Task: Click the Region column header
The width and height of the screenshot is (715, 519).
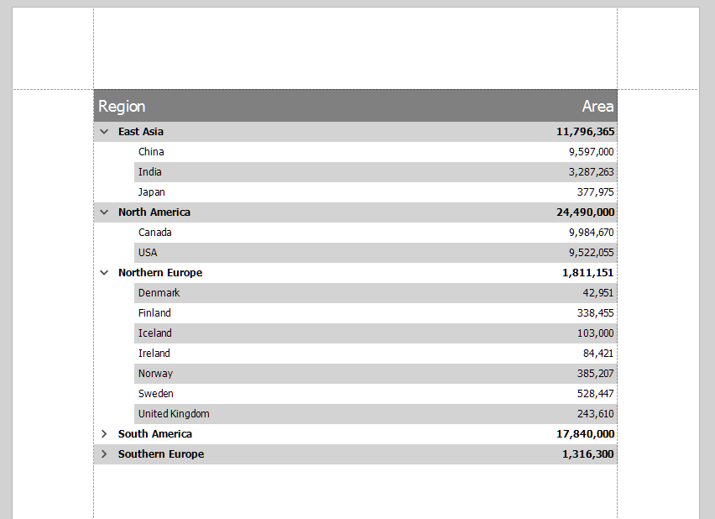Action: tap(122, 106)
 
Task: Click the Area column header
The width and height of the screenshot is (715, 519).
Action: tap(598, 106)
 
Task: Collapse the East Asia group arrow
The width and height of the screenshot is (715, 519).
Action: tap(104, 132)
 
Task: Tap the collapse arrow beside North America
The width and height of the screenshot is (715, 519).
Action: tap(104, 212)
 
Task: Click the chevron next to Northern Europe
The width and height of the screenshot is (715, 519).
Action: tap(104, 273)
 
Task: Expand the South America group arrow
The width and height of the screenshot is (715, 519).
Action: tap(104, 434)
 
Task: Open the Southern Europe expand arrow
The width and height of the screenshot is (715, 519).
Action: tap(104, 454)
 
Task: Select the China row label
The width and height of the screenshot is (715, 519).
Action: tap(151, 152)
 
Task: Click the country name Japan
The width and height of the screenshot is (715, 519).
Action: tap(152, 192)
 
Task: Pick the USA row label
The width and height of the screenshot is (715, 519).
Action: tap(148, 253)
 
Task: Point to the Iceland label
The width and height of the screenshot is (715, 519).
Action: tap(154, 333)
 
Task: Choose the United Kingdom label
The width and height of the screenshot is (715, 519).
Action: tap(174, 414)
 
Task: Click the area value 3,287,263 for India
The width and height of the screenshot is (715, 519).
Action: tap(591, 172)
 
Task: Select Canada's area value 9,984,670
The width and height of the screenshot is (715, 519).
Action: tap(591, 233)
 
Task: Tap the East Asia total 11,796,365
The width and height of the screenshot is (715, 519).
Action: tap(585, 132)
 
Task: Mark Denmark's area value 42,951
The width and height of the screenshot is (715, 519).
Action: tap(598, 293)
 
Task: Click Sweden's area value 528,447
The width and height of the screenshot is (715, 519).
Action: tap(595, 394)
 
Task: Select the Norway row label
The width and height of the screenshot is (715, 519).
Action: tap(155, 374)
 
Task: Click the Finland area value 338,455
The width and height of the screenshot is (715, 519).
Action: tap(595, 313)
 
